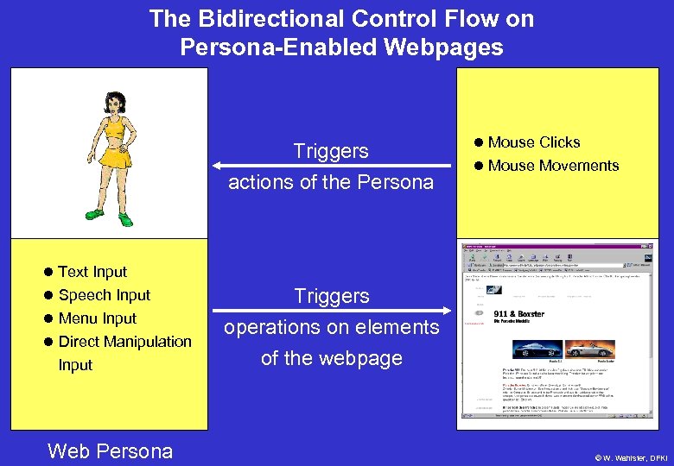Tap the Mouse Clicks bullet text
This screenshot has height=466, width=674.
point(534,142)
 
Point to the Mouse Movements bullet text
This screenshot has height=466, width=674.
point(553,166)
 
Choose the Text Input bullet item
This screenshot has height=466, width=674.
point(92,272)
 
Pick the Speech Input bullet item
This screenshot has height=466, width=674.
point(104,295)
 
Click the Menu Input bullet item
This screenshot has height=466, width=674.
point(97,318)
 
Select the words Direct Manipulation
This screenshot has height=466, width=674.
point(124,342)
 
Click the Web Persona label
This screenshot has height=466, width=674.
point(110,450)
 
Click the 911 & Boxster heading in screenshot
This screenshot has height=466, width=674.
point(518,315)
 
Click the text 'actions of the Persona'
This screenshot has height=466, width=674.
point(331,182)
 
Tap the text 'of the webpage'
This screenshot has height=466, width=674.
point(332,358)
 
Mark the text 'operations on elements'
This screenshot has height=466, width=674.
point(332,327)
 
